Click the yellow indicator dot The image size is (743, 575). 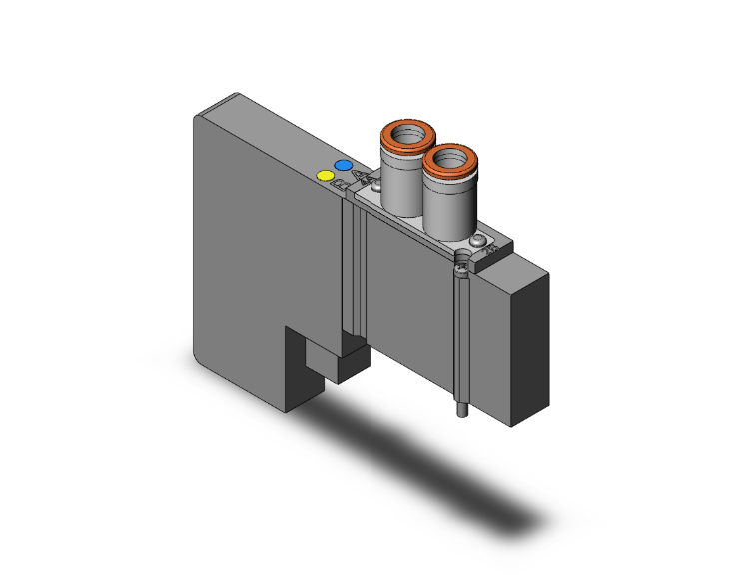325,176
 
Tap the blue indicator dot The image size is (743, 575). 343,165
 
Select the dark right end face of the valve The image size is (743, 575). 533,335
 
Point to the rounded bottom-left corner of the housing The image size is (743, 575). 201,355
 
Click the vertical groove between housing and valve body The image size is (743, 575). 350,260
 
